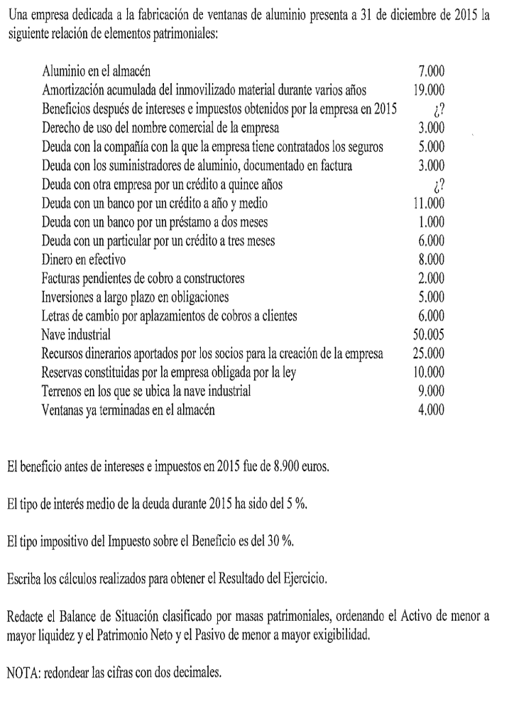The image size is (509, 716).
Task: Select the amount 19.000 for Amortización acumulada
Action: (429, 91)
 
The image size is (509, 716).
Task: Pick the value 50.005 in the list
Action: (429, 333)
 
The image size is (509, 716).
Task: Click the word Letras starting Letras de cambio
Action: (58, 314)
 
